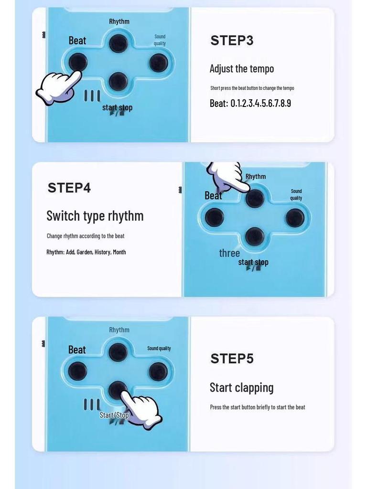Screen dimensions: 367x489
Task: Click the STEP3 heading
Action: pos(232,41)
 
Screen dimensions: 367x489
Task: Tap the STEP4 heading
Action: pos(69,188)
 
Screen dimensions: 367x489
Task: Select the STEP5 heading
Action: pos(232,359)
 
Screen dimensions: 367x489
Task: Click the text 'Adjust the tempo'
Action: pos(242,69)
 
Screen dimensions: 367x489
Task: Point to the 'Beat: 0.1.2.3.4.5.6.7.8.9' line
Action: pos(250,103)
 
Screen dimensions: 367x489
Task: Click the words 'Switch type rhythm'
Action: pos(95,216)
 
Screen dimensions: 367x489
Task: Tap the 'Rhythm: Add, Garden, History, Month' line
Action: pos(86,252)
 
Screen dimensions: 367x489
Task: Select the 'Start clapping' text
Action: pos(241,388)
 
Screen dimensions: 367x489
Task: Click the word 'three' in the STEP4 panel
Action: pos(229,253)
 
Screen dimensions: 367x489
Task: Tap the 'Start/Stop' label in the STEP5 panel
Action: pos(114,415)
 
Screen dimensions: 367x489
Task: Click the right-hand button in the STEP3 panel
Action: pos(159,63)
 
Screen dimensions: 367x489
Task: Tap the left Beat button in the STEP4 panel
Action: pos(215,217)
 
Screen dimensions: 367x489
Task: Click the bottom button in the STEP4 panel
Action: pos(255,236)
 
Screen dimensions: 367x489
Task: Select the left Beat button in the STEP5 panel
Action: pos(77,371)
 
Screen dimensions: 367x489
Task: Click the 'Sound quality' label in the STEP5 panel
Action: pos(159,348)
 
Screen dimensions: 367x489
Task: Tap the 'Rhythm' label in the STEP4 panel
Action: pos(256,177)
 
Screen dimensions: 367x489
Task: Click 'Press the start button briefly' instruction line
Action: pos(258,407)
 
